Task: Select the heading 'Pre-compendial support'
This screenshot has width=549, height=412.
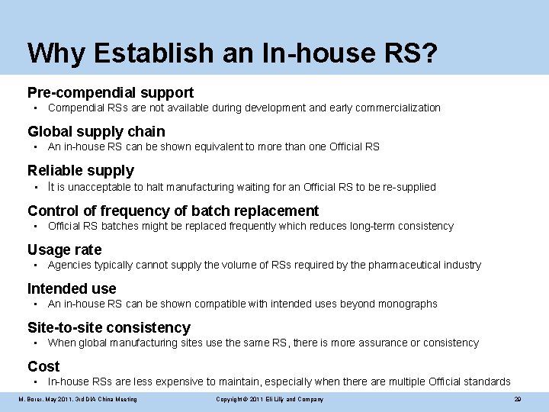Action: (111, 92)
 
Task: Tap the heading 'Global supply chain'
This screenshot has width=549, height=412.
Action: (96, 131)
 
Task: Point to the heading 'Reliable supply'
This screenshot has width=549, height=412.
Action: (81, 171)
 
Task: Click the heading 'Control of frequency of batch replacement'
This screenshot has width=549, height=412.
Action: (173, 211)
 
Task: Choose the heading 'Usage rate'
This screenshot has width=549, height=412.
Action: (64, 249)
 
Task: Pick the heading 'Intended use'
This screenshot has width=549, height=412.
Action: (72, 288)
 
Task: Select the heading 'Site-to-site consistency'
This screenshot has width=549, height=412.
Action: (109, 328)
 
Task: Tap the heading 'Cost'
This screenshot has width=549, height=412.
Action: (43, 366)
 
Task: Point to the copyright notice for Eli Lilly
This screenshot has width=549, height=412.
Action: (269, 399)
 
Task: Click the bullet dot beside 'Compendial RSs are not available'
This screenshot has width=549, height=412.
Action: (35, 108)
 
